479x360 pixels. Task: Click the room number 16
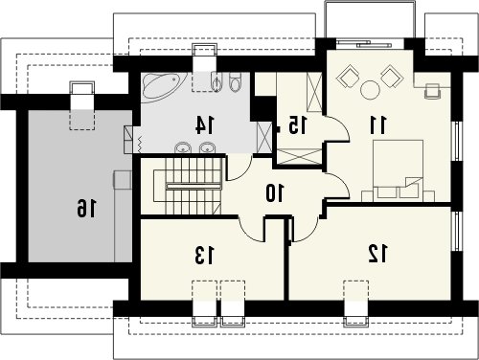(x=86, y=208)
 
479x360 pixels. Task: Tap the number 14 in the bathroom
(x=205, y=125)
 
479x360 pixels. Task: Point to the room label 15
(x=297, y=124)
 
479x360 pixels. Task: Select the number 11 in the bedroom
(x=378, y=125)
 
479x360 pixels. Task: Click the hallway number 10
(x=275, y=193)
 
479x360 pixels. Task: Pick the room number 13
(x=204, y=256)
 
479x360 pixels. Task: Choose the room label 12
(x=378, y=254)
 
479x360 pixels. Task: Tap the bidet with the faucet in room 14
(x=217, y=82)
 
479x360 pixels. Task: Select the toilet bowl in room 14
(x=236, y=82)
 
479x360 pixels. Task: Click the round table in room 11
(x=370, y=89)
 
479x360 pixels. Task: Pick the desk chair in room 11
(x=432, y=90)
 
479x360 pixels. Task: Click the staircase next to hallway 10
(x=188, y=187)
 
